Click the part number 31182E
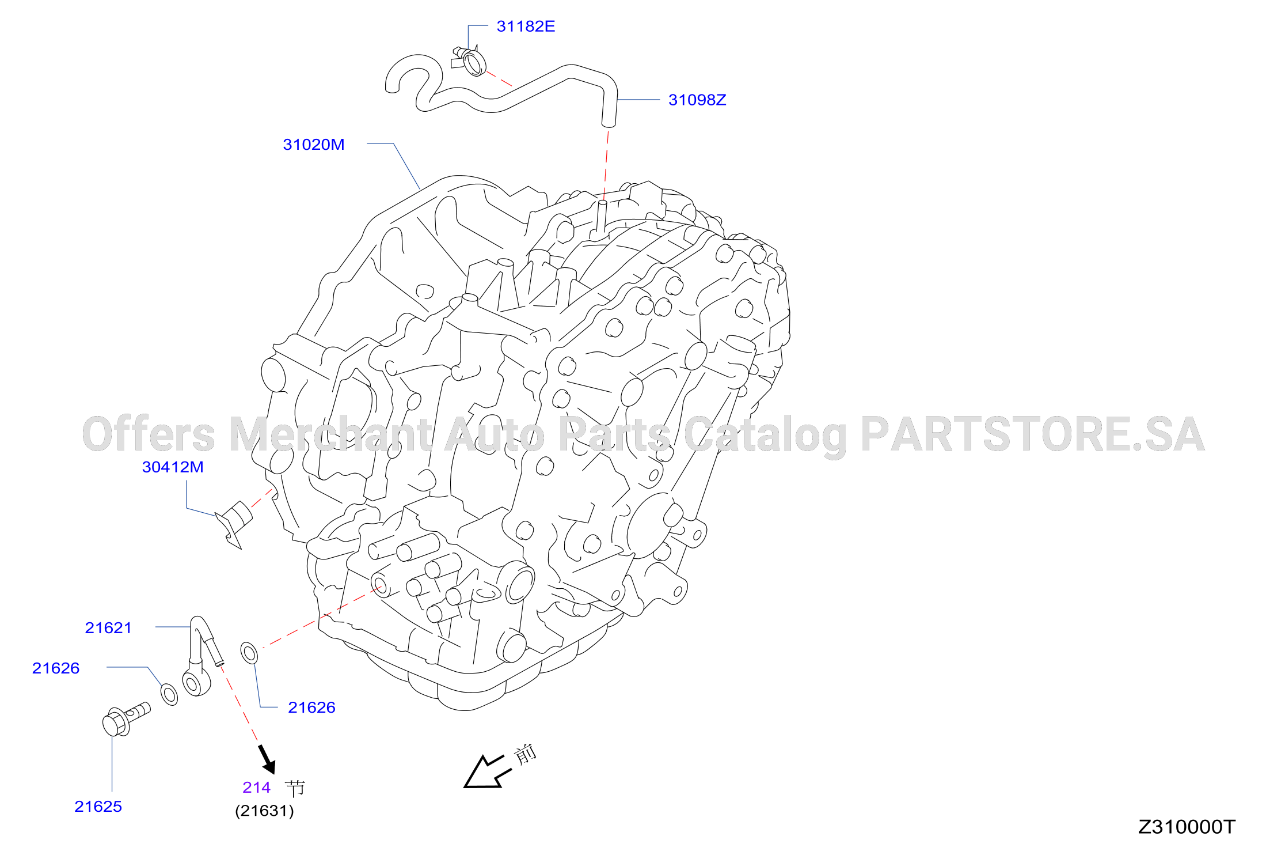pyautogui.click(x=526, y=27)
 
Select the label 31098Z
pyautogui.click(x=697, y=100)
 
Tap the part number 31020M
pyautogui.click(x=314, y=145)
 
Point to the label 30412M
pyautogui.click(x=173, y=467)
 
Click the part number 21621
pyautogui.click(x=108, y=628)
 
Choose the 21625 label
pyautogui.click(x=98, y=807)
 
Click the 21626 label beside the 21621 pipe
pyautogui.click(x=56, y=668)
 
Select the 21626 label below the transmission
pyautogui.click(x=311, y=708)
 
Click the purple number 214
pyautogui.click(x=256, y=788)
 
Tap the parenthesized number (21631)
pyautogui.click(x=264, y=811)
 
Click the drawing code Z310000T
pyautogui.click(x=1187, y=827)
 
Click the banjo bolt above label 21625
pyautogui.click(x=126, y=719)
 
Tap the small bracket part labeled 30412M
pyautogui.click(x=234, y=522)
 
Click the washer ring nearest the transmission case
pyautogui.click(x=249, y=653)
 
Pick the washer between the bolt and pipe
pyautogui.click(x=169, y=694)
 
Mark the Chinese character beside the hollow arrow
pyautogui.click(x=525, y=754)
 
